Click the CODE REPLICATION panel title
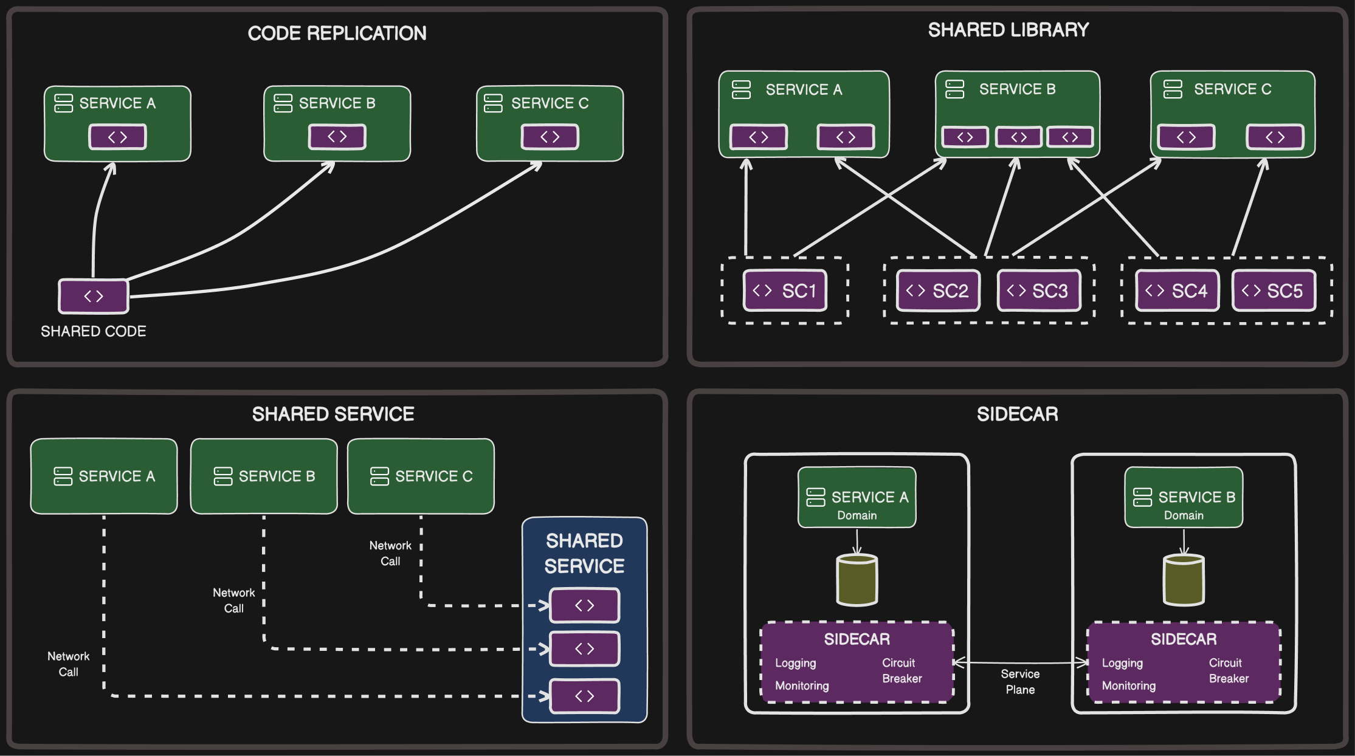coord(337,33)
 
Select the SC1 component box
coord(785,290)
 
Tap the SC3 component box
coord(1039,290)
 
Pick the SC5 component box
coord(1274,290)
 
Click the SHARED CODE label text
coord(93,331)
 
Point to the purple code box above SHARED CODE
coord(93,296)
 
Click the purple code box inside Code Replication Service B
coord(337,137)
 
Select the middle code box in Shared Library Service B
coord(1018,137)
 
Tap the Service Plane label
coord(1020,681)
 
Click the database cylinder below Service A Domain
coord(857,580)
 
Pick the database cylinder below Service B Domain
coord(1183,580)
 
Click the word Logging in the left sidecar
coord(795,663)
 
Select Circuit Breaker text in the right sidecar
coord(1228,670)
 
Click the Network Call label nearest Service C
coord(390,553)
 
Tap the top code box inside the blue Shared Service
coord(584,605)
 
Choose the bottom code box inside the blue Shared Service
coord(584,696)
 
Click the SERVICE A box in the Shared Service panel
coord(104,476)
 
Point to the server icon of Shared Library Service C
coord(1172,89)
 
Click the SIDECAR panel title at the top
coord(1017,414)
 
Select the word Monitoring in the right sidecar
coord(1128,686)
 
